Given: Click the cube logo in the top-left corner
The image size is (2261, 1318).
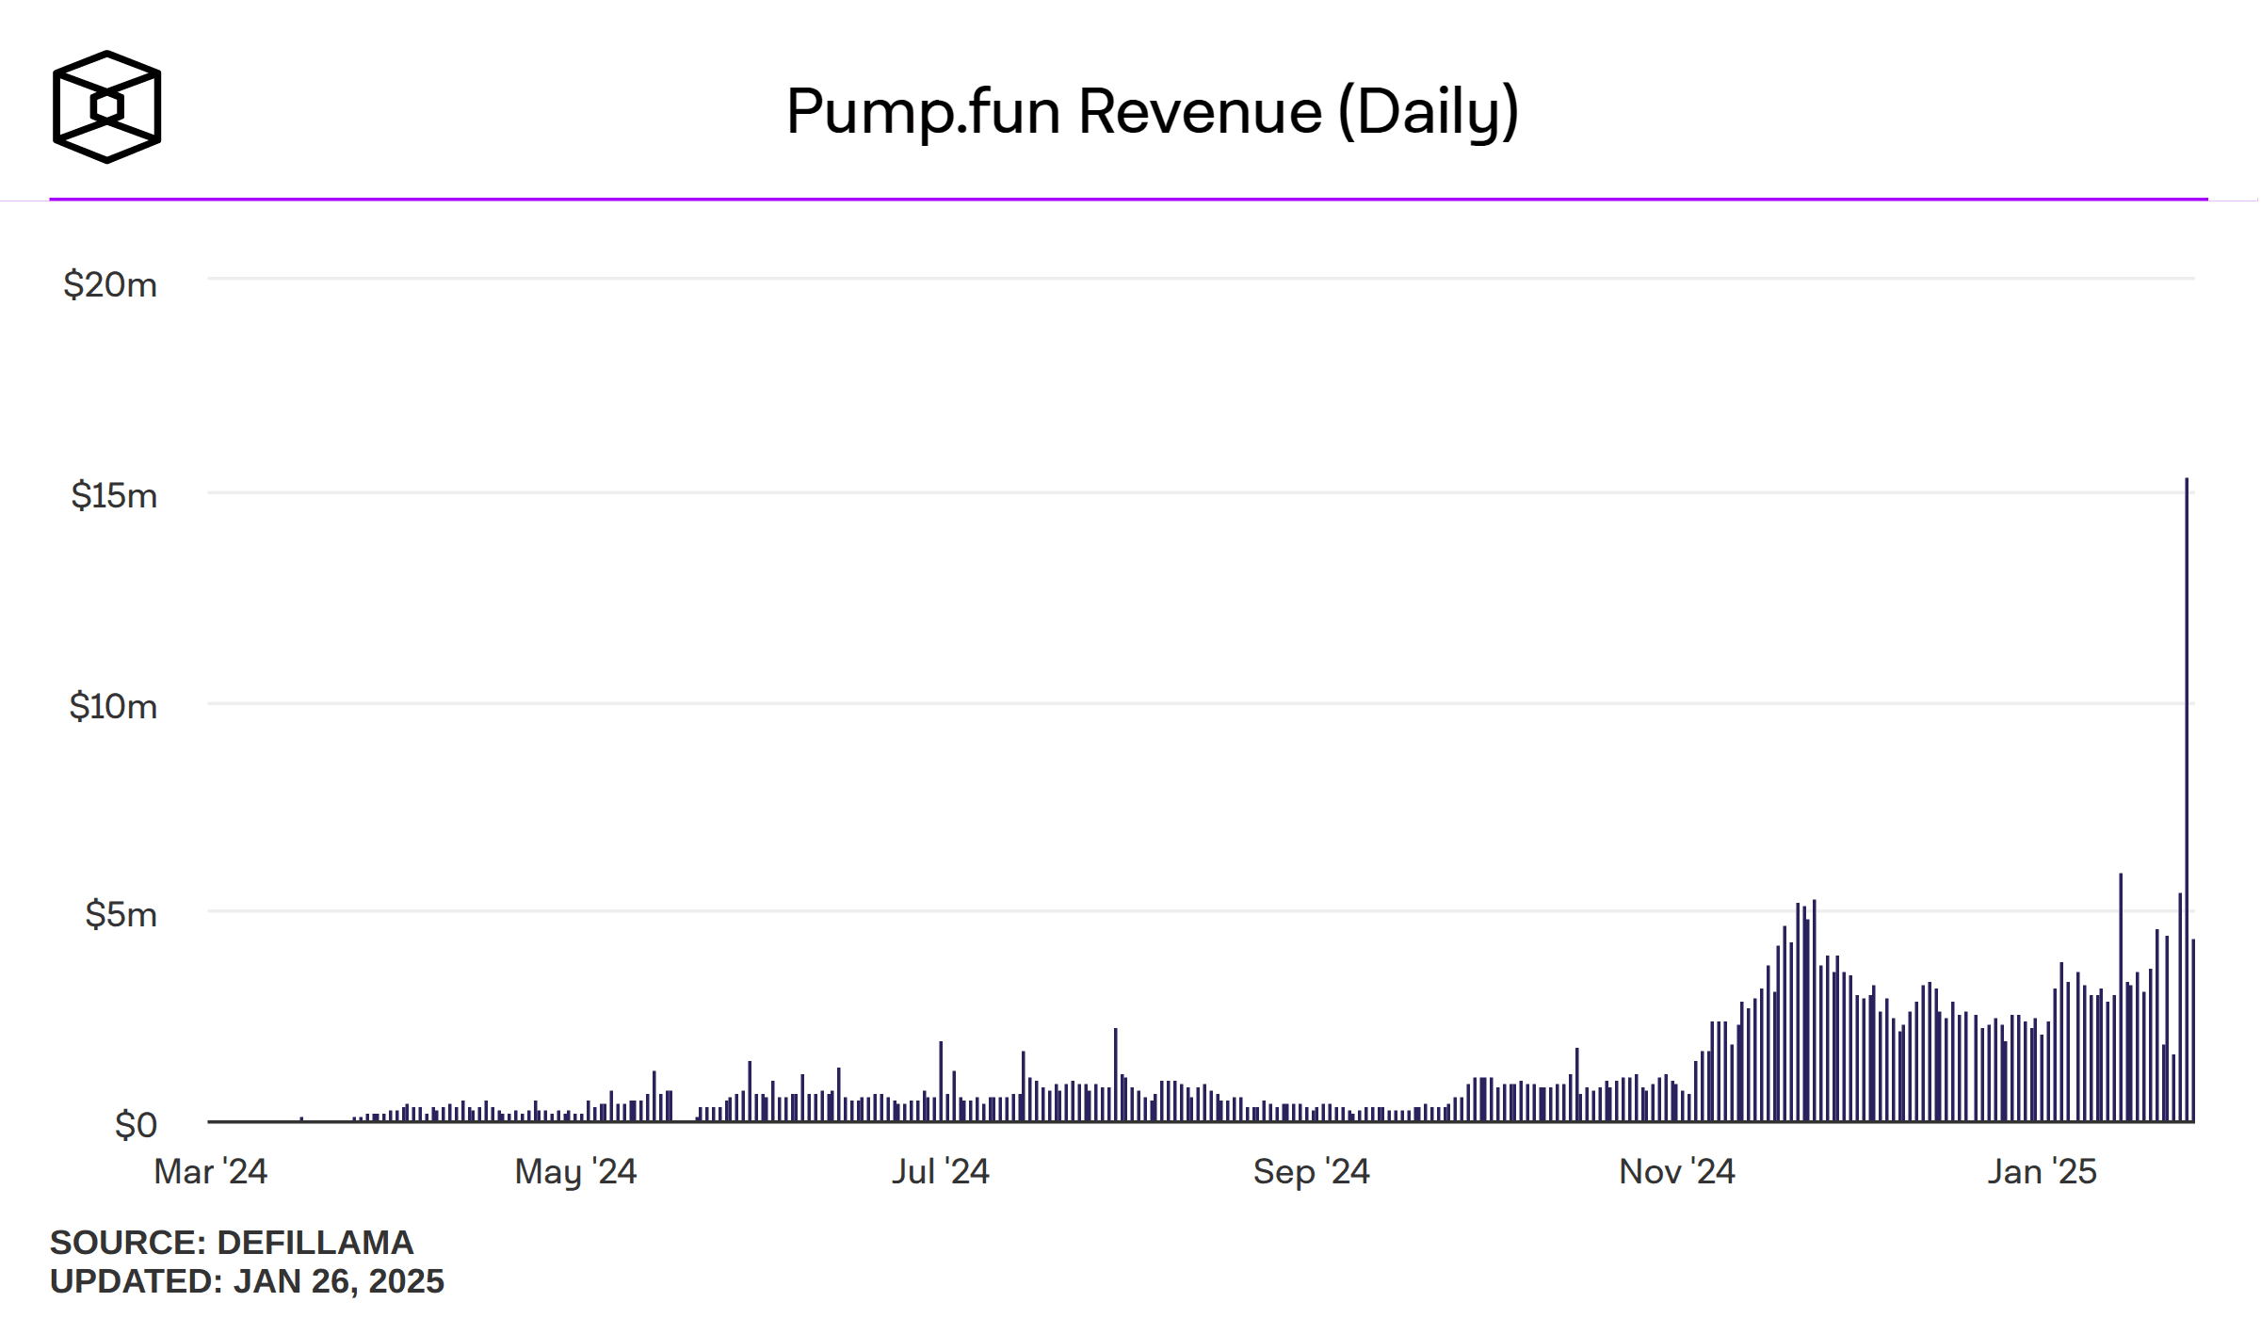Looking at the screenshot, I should pyautogui.click(x=106, y=107).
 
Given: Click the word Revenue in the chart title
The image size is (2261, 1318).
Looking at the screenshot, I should pyautogui.click(x=1201, y=111).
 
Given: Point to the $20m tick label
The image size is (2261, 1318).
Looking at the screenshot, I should pyautogui.click(x=110, y=284).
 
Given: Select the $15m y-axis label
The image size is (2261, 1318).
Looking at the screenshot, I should pyautogui.click(x=114, y=495).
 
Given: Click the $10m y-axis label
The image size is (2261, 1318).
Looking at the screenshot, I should pyautogui.click(x=113, y=706).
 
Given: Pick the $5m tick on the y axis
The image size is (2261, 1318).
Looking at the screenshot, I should pyautogui.click(x=121, y=914).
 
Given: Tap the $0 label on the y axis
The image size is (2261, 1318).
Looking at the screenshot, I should pyautogui.click(x=136, y=1125).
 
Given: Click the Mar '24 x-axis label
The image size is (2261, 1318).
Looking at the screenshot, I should pyautogui.click(x=210, y=1171).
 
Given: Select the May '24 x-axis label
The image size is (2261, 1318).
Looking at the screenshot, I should pyautogui.click(x=575, y=1171).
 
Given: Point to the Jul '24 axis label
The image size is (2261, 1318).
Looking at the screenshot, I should pyautogui.click(x=940, y=1171).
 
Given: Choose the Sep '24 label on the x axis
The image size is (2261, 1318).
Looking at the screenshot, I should pyautogui.click(x=1311, y=1171).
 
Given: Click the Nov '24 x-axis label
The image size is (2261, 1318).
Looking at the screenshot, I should pyautogui.click(x=1676, y=1171).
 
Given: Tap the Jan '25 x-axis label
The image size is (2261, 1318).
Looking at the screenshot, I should pyautogui.click(x=2042, y=1171).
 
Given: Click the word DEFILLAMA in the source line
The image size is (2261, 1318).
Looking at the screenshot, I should pyautogui.click(x=315, y=1243).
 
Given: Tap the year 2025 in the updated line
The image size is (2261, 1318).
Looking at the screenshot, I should pyautogui.click(x=406, y=1281).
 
